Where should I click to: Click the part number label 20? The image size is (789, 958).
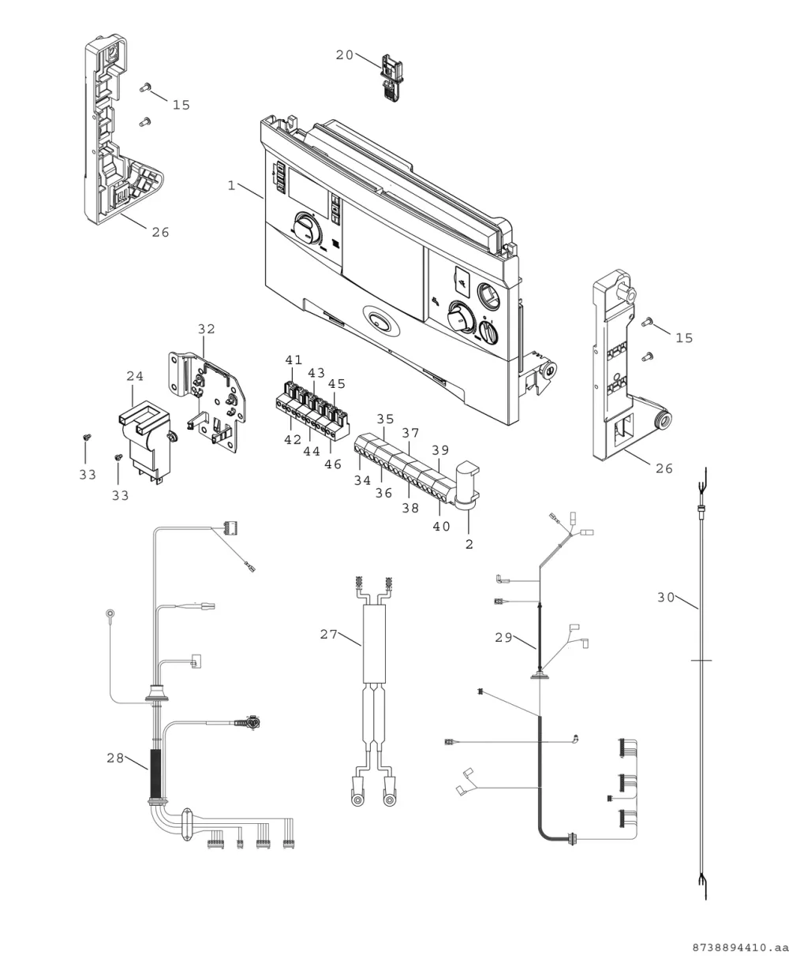pos(344,55)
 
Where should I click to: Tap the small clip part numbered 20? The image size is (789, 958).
pos(392,77)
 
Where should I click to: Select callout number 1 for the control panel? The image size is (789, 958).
pos(231,185)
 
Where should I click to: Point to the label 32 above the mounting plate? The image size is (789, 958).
pos(207,329)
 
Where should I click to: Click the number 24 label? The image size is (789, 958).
pos(135,376)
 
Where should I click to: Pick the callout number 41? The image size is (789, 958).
pos(294,360)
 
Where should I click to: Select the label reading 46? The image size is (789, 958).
pos(333,464)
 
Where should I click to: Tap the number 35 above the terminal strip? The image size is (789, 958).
pos(385,419)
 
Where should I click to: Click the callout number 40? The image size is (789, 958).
pos(441,527)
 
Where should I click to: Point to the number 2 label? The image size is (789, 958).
pos(469,544)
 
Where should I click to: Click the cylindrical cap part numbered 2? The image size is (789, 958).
pos(467,484)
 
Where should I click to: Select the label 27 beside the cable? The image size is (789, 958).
pos(328,634)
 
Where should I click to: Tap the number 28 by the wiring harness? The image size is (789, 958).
pos(115,758)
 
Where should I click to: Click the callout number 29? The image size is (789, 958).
pos(503,638)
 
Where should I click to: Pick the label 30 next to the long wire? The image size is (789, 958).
pos(666,598)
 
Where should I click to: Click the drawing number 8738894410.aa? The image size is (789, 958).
pos(740,948)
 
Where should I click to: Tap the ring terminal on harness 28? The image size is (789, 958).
pos(110,614)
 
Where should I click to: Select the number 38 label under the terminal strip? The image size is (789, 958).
pos(410,508)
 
